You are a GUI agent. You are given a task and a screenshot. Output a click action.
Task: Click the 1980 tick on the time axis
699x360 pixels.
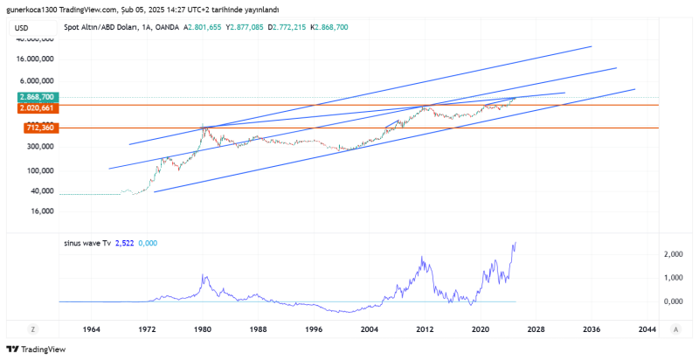pos(202,329)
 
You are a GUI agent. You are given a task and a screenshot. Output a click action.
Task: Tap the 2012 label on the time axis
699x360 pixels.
pos(425,329)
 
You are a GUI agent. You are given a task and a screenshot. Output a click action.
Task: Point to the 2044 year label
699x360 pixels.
pos(647,329)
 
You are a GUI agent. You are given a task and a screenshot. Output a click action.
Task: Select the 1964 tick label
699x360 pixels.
pos(91,329)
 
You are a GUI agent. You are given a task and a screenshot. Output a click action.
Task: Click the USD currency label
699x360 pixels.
pos(21,28)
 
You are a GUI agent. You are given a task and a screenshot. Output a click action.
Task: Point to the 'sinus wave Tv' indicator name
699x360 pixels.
pos(87,243)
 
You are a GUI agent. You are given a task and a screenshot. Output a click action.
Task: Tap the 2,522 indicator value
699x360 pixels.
pos(128,243)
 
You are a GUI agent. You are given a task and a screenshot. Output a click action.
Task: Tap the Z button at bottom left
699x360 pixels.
pos(32,329)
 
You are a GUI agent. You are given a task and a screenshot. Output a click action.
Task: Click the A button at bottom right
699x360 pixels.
pos(676,329)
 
